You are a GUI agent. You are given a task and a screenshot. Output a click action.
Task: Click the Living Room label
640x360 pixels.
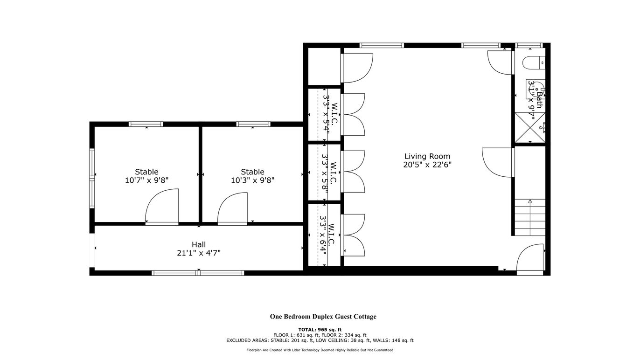pos(427,156)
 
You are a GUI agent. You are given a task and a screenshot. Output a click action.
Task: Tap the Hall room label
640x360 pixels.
pos(199,244)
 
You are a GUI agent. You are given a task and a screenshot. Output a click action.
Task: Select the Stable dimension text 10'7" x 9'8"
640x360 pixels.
pos(146,180)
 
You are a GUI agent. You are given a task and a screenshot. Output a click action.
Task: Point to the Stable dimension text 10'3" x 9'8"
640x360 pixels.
pos(252,180)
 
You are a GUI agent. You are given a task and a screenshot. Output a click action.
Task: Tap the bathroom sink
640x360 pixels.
pos(536,89)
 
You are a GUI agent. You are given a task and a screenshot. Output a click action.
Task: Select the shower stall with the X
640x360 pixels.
pos(530,127)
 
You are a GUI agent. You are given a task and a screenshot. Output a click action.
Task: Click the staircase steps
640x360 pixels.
pos(530,217)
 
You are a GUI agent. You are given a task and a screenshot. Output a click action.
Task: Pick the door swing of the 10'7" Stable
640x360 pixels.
pos(162,205)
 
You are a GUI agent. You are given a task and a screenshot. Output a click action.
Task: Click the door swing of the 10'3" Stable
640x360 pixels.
pos(232,208)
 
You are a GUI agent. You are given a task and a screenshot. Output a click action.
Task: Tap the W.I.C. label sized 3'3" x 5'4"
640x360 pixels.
pos(330,116)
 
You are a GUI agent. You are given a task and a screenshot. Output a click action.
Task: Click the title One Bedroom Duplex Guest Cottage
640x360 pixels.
pos(323,317)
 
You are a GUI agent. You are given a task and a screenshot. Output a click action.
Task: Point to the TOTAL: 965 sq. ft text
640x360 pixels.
pos(320,329)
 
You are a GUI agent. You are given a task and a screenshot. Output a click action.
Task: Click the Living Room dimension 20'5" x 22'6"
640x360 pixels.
pos(427,165)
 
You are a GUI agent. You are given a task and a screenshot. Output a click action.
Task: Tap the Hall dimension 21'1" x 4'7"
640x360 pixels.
pos(199,253)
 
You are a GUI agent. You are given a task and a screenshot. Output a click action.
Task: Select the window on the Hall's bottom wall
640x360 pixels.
pos(198,273)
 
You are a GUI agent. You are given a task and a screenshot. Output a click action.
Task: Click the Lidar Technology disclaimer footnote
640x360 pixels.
pos(320,350)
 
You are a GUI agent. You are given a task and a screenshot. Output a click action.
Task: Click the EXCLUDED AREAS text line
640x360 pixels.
pos(320,340)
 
